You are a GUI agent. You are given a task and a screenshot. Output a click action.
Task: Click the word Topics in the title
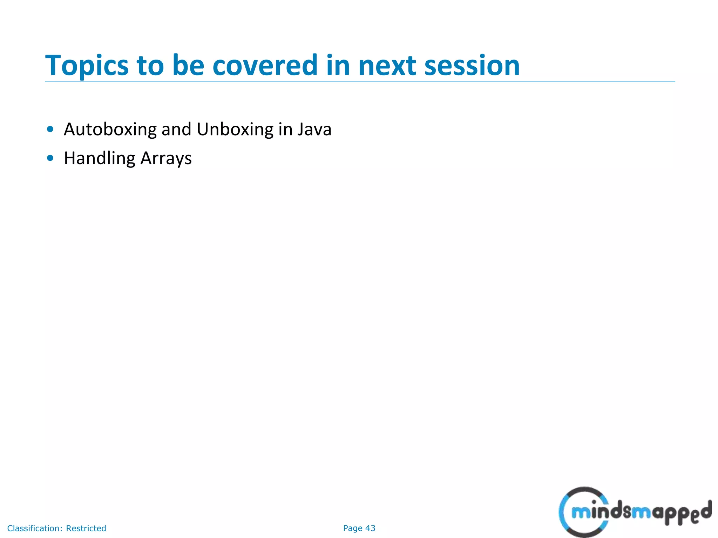tap(87, 65)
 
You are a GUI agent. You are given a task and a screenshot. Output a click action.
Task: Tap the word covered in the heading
tap(265, 65)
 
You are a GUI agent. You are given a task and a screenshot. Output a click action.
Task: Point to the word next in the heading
tap(387, 65)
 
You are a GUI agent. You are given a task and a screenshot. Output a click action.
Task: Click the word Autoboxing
tap(110, 130)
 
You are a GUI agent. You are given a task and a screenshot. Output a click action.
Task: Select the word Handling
tap(99, 158)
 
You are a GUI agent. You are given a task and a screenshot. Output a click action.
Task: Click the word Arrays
tap(166, 158)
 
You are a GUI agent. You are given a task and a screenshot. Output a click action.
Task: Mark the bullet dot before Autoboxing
tap(50, 129)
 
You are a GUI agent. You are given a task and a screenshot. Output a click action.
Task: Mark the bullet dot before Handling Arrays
tap(50, 158)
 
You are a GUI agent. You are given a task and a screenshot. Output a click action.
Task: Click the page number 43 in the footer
tap(370, 528)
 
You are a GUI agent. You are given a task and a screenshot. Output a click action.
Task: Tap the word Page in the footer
tap(352, 528)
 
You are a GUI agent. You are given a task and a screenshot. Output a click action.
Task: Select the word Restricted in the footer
tap(86, 528)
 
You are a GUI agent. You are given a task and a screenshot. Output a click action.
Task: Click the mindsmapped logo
tap(635, 512)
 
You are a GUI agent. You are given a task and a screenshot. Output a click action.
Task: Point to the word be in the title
tap(188, 65)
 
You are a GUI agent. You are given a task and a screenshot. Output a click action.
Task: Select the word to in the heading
tap(150, 65)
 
